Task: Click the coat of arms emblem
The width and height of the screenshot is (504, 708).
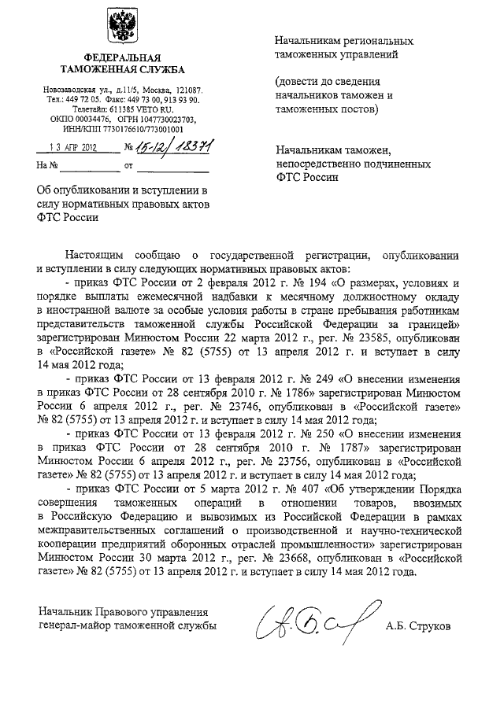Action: pos(122,30)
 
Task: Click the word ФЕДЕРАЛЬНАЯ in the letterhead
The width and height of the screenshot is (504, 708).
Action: pos(123,58)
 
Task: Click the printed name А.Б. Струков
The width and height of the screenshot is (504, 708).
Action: pos(418,628)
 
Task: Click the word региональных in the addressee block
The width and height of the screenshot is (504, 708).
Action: pos(374,41)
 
